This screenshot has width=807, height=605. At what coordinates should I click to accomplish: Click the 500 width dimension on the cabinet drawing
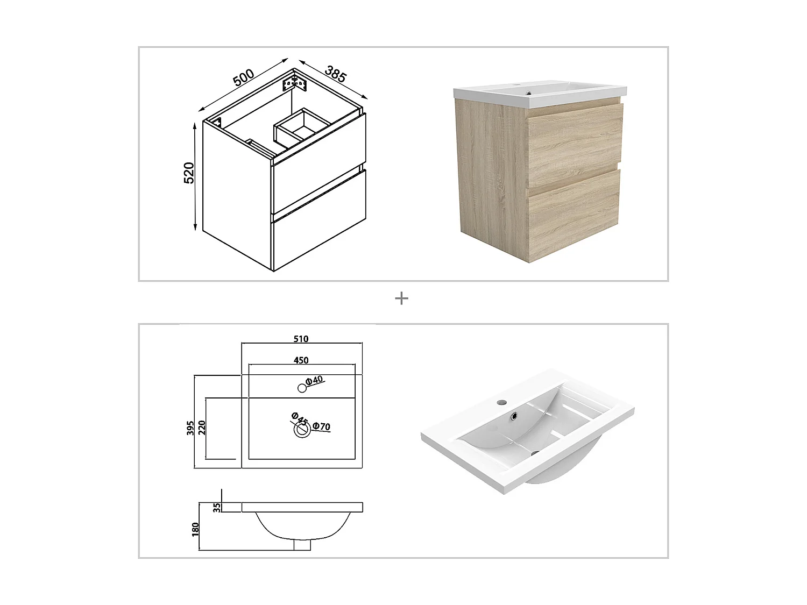point(243,77)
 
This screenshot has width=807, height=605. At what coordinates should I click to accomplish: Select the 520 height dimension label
point(189,173)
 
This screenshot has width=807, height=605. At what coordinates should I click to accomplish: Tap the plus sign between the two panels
point(401,298)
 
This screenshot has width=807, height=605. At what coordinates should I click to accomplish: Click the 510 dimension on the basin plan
point(301,339)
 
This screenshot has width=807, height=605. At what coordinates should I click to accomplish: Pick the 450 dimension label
point(301,360)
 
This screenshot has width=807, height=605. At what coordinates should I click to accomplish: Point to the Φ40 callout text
point(314,380)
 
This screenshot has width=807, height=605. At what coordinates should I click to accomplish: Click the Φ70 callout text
point(322,426)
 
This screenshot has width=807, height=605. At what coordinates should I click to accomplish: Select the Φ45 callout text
point(299,418)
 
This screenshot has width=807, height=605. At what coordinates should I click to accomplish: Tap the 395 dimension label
point(190,428)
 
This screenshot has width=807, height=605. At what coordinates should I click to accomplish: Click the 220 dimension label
point(202,428)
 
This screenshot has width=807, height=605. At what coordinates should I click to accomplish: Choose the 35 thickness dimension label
point(217,507)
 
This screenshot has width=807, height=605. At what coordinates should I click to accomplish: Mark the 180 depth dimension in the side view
point(196,529)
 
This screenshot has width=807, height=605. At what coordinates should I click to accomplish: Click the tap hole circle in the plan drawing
point(302,388)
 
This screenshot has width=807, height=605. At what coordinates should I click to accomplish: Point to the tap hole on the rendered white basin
point(501,401)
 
